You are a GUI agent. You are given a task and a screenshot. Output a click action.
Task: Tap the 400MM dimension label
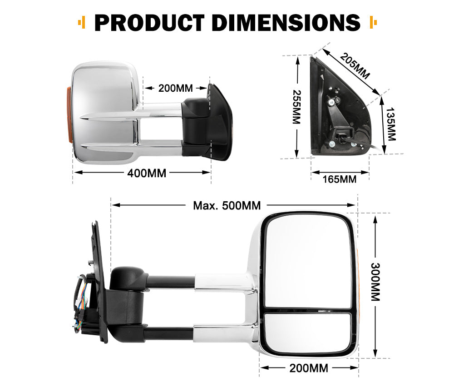[x=147, y=173]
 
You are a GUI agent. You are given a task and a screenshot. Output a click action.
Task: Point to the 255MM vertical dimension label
[x=296, y=107]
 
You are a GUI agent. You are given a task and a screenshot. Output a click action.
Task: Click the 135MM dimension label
[x=391, y=124]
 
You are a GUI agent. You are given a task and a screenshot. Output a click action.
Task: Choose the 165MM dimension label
[x=339, y=179]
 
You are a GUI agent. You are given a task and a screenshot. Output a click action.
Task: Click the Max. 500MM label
[x=227, y=206]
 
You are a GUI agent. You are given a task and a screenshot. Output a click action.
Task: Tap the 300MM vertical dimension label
[x=375, y=282]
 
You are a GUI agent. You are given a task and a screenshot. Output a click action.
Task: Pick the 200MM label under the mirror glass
[x=309, y=368]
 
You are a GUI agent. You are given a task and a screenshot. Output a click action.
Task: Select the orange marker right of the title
[x=373, y=22]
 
